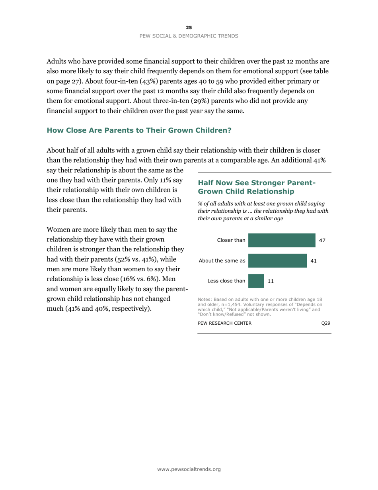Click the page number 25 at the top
coord(189,27)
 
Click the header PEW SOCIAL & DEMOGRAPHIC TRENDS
coord(189,36)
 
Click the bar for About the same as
coord(277,261)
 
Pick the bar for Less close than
coord(256,280)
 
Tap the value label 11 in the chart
coord(271,280)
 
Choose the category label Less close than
coord(226,280)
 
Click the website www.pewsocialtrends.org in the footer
coord(189,469)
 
